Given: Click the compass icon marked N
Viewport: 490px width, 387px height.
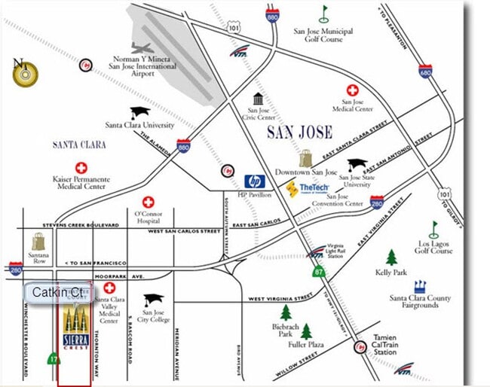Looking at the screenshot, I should [x=25, y=72].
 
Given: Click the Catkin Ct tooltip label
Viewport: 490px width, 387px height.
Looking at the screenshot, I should [x=59, y=291].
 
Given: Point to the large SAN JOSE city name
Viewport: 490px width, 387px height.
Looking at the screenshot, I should [x=299, y=133].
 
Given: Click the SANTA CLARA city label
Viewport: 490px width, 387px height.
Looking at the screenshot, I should [x=79, y=145].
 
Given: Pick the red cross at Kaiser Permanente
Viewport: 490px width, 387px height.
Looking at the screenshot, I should [x=81, y=167].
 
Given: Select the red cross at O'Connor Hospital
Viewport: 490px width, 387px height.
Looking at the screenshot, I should [x=149, y=202].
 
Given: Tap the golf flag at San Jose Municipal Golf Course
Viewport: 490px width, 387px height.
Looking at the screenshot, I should [x=324, y=14].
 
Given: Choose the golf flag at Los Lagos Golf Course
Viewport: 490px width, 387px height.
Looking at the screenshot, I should [x=433, y=229].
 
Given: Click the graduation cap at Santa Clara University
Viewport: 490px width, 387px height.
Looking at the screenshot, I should [x=139, y=113].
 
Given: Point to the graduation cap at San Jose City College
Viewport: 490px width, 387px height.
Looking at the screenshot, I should [x=153, y=299].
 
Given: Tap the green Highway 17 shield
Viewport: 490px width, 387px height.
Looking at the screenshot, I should [x=51, y=360].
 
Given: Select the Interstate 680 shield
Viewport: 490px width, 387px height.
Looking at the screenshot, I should [x=426, y=71].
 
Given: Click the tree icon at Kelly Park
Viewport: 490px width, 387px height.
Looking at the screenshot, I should [x=391, y=257].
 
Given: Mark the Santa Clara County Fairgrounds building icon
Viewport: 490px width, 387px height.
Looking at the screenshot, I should [x=420, y=286].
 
